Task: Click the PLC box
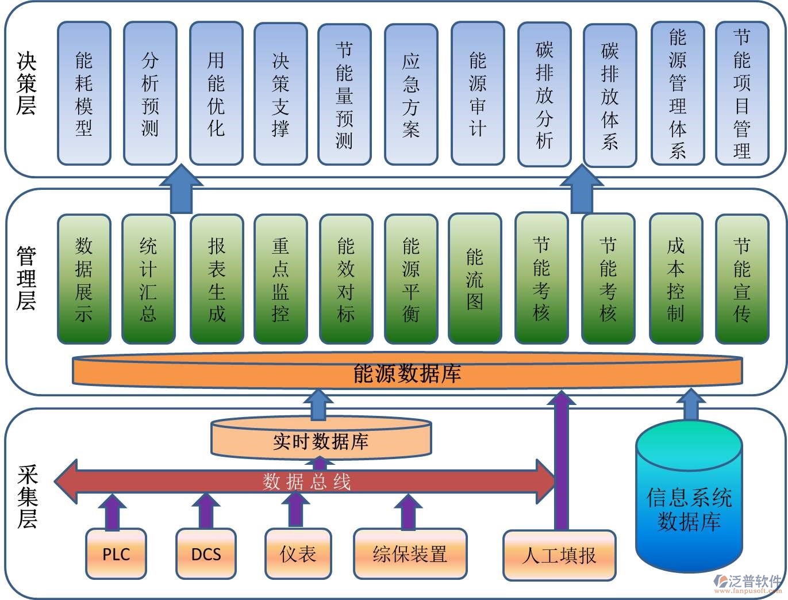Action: (116, 554)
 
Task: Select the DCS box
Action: (206, 554)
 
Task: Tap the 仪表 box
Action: (298, 554)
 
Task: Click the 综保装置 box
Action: (410, 554)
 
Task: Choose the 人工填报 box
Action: (559, 555)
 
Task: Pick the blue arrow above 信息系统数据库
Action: (691, 406)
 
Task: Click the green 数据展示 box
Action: (84, 280)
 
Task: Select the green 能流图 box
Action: (475, 279)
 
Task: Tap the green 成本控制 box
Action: (676, 280)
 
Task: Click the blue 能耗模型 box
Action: (84, 94)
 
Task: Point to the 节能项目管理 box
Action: (741, 94)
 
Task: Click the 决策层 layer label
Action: (26, 84)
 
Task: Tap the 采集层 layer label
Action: (27, 497)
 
